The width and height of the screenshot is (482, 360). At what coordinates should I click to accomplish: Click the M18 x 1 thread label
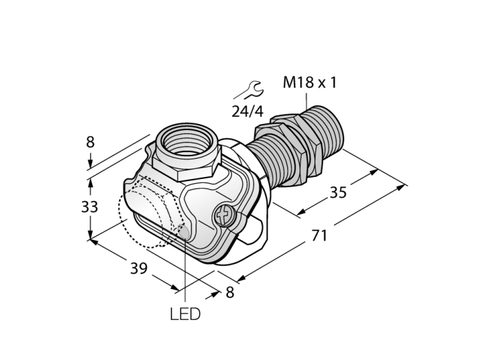point(310,83)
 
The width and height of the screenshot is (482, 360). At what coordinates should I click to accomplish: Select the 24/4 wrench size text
point(247,112)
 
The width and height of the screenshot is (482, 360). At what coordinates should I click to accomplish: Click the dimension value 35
point(338,193)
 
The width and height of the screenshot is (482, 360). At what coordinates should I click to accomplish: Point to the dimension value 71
point(319,236)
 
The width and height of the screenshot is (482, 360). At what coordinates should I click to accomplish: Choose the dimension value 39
point(139,268)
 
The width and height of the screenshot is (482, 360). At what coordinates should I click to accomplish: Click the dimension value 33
point(90,207)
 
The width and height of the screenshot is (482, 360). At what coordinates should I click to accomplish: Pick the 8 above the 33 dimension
point(90,142)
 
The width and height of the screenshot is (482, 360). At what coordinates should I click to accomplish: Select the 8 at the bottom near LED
point(230,292)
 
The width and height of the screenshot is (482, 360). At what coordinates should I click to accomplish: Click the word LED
point(185,314)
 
